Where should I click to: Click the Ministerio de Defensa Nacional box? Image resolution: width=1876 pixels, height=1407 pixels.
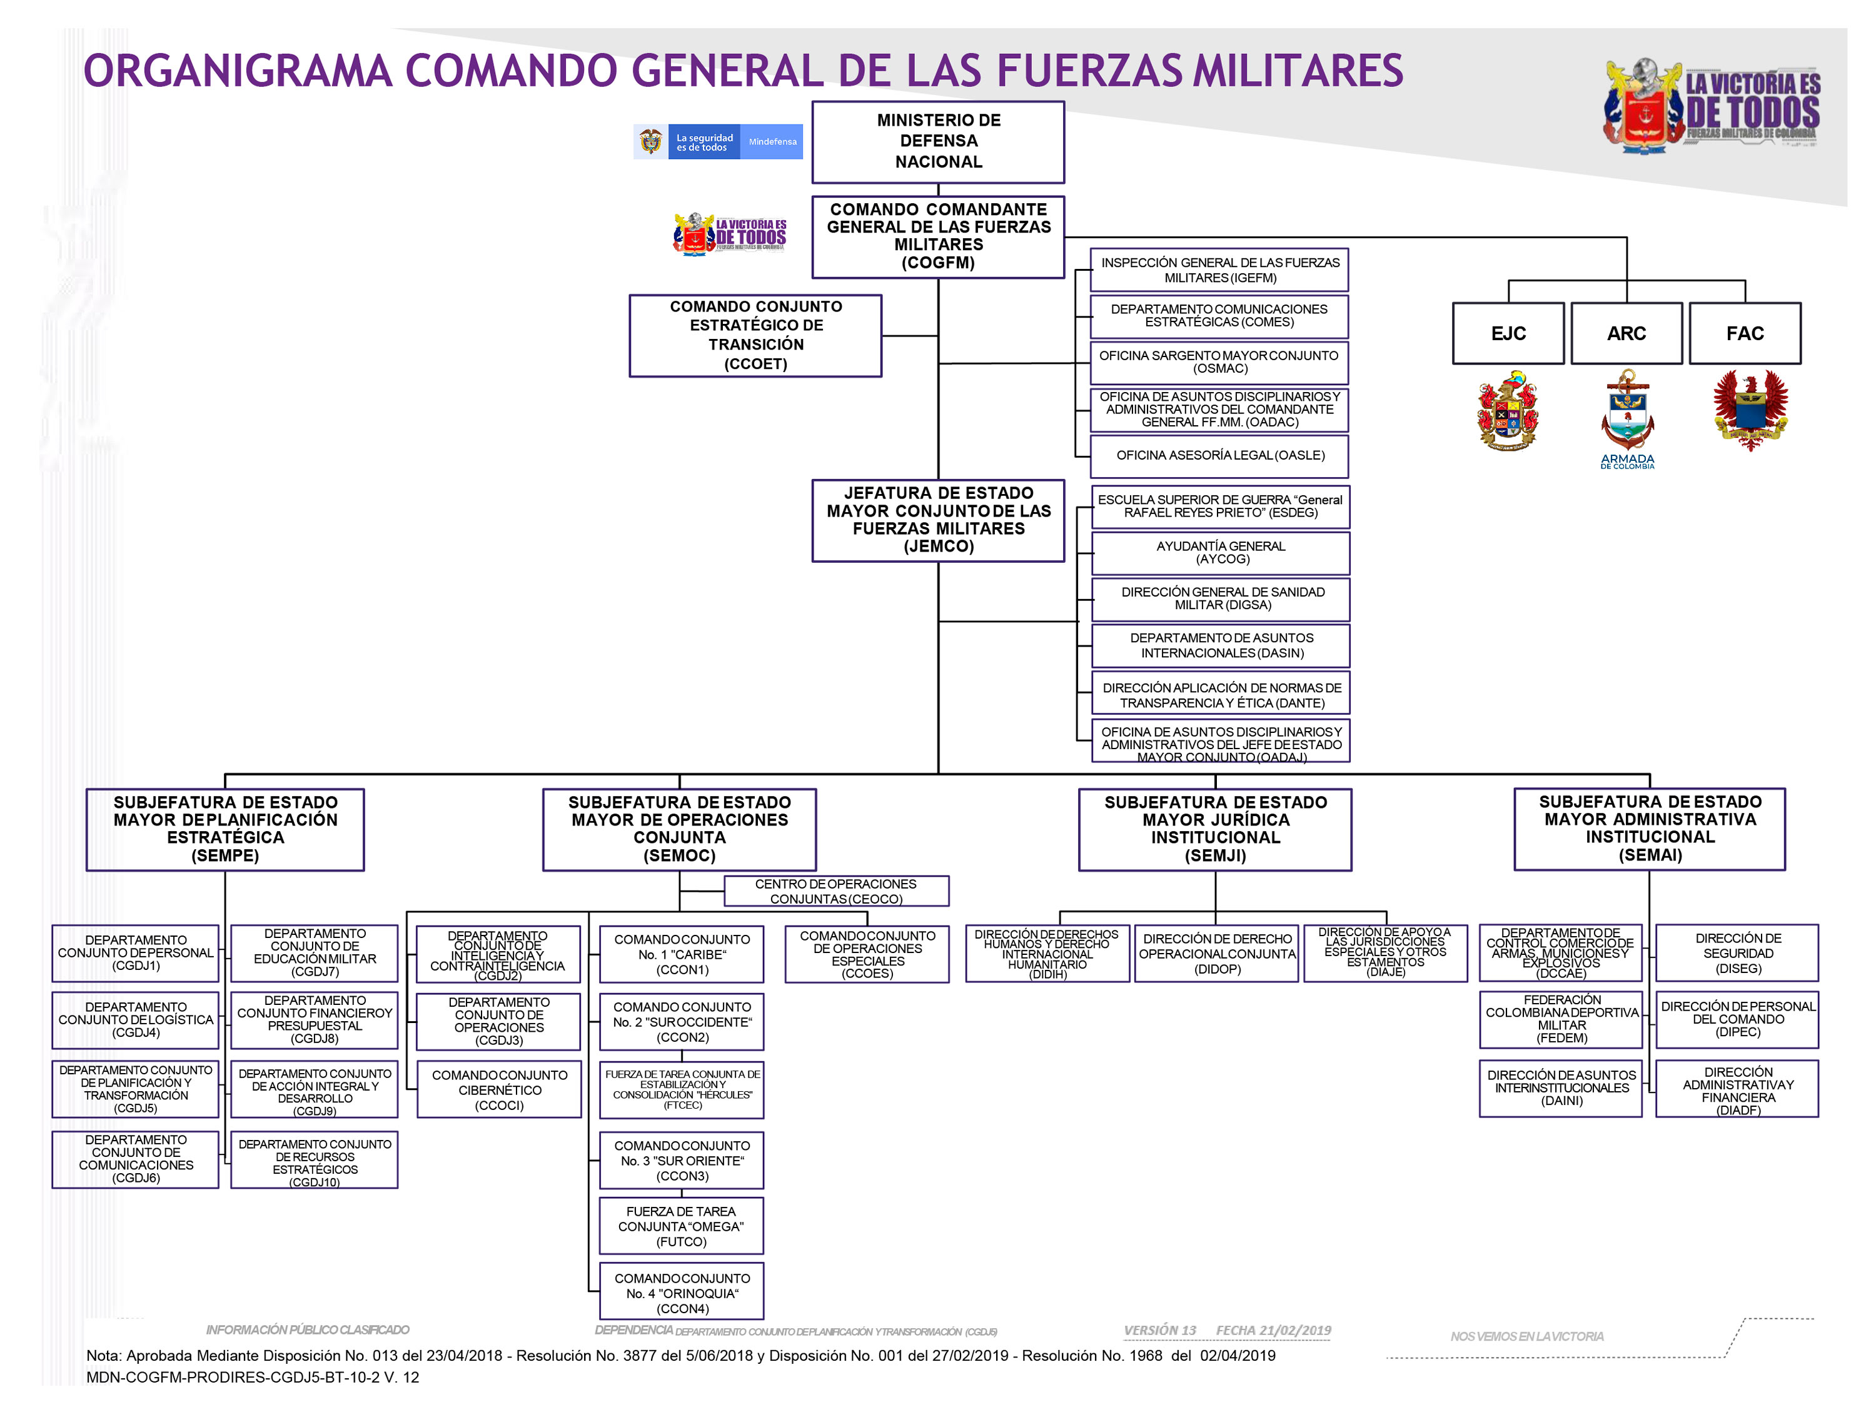click(x=937, y=141)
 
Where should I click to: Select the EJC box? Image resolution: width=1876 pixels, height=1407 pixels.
click(x=1507, y=333)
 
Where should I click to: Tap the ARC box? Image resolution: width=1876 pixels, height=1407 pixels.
click(x=1626, y=333)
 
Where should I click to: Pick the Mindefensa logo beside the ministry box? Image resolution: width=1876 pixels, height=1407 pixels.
click(x=717, y=141)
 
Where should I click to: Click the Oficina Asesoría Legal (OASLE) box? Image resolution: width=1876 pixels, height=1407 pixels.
click(x=1219, y=455)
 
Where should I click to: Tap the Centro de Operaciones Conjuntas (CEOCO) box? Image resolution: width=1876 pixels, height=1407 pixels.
click(x=835, y=890)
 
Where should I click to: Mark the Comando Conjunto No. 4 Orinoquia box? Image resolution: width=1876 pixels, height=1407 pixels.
click(x=681, y=1293)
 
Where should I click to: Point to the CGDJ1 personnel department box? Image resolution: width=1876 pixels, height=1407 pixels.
click(x=136, y=952)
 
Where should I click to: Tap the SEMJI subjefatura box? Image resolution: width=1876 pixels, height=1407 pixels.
click(x=1214, y=829)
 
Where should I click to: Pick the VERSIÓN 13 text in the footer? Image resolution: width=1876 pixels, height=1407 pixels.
click(x=1159, y=1330)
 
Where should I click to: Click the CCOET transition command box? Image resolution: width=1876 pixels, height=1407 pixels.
click(x=755, y=335)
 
